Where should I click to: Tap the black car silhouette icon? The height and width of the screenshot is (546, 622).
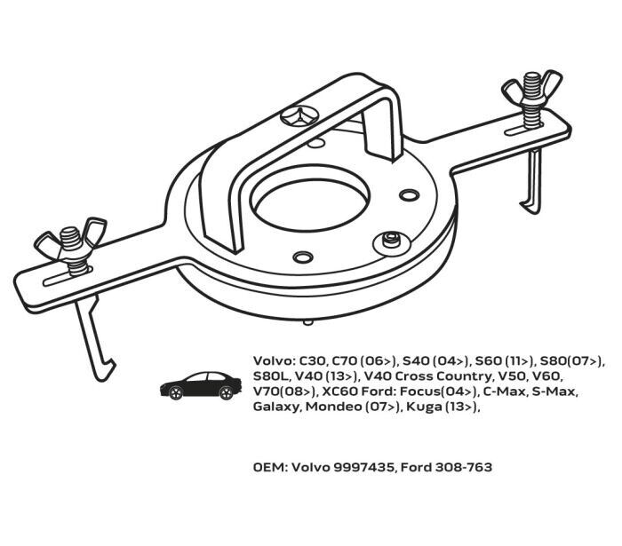pyautogui.click(x=201, y=385)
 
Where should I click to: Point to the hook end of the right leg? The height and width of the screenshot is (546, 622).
pyautogui.click(x=530, y=207)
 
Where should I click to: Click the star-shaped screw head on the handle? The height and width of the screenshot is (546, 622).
pyautogui.click(x=299, y=115)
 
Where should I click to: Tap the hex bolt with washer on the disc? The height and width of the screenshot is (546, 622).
pyautogui.click(x=392, y=241)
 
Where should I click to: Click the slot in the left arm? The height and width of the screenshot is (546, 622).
pyautogui.click(x=68, y=276)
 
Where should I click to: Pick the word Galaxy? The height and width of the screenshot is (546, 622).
pyautogui.click(x=276, y=408)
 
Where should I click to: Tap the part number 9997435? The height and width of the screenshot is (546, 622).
pyautogui.click(x=364, y=468)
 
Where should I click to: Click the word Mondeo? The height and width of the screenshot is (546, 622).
pyautogui.click(x=333, y=407)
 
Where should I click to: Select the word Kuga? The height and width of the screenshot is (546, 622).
pyautogui.click(x=421, y=407)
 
